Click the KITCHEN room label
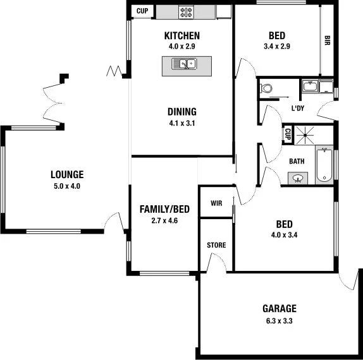[181, 35]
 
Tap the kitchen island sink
[187, 63]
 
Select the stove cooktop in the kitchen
[186, 11]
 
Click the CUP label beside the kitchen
[142, 11]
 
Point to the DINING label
[181, 112]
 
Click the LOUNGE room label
[67, 175]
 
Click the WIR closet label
[216, 203]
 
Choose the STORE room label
[216, 245]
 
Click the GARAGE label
[279, 309]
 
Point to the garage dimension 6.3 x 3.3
[279, 320]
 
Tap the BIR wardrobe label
[327, 40]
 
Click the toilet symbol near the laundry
[265, 88]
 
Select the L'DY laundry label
[297, 109]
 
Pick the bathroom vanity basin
[297, 178]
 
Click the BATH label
[297, 161]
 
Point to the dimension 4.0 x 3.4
[284, 236]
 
